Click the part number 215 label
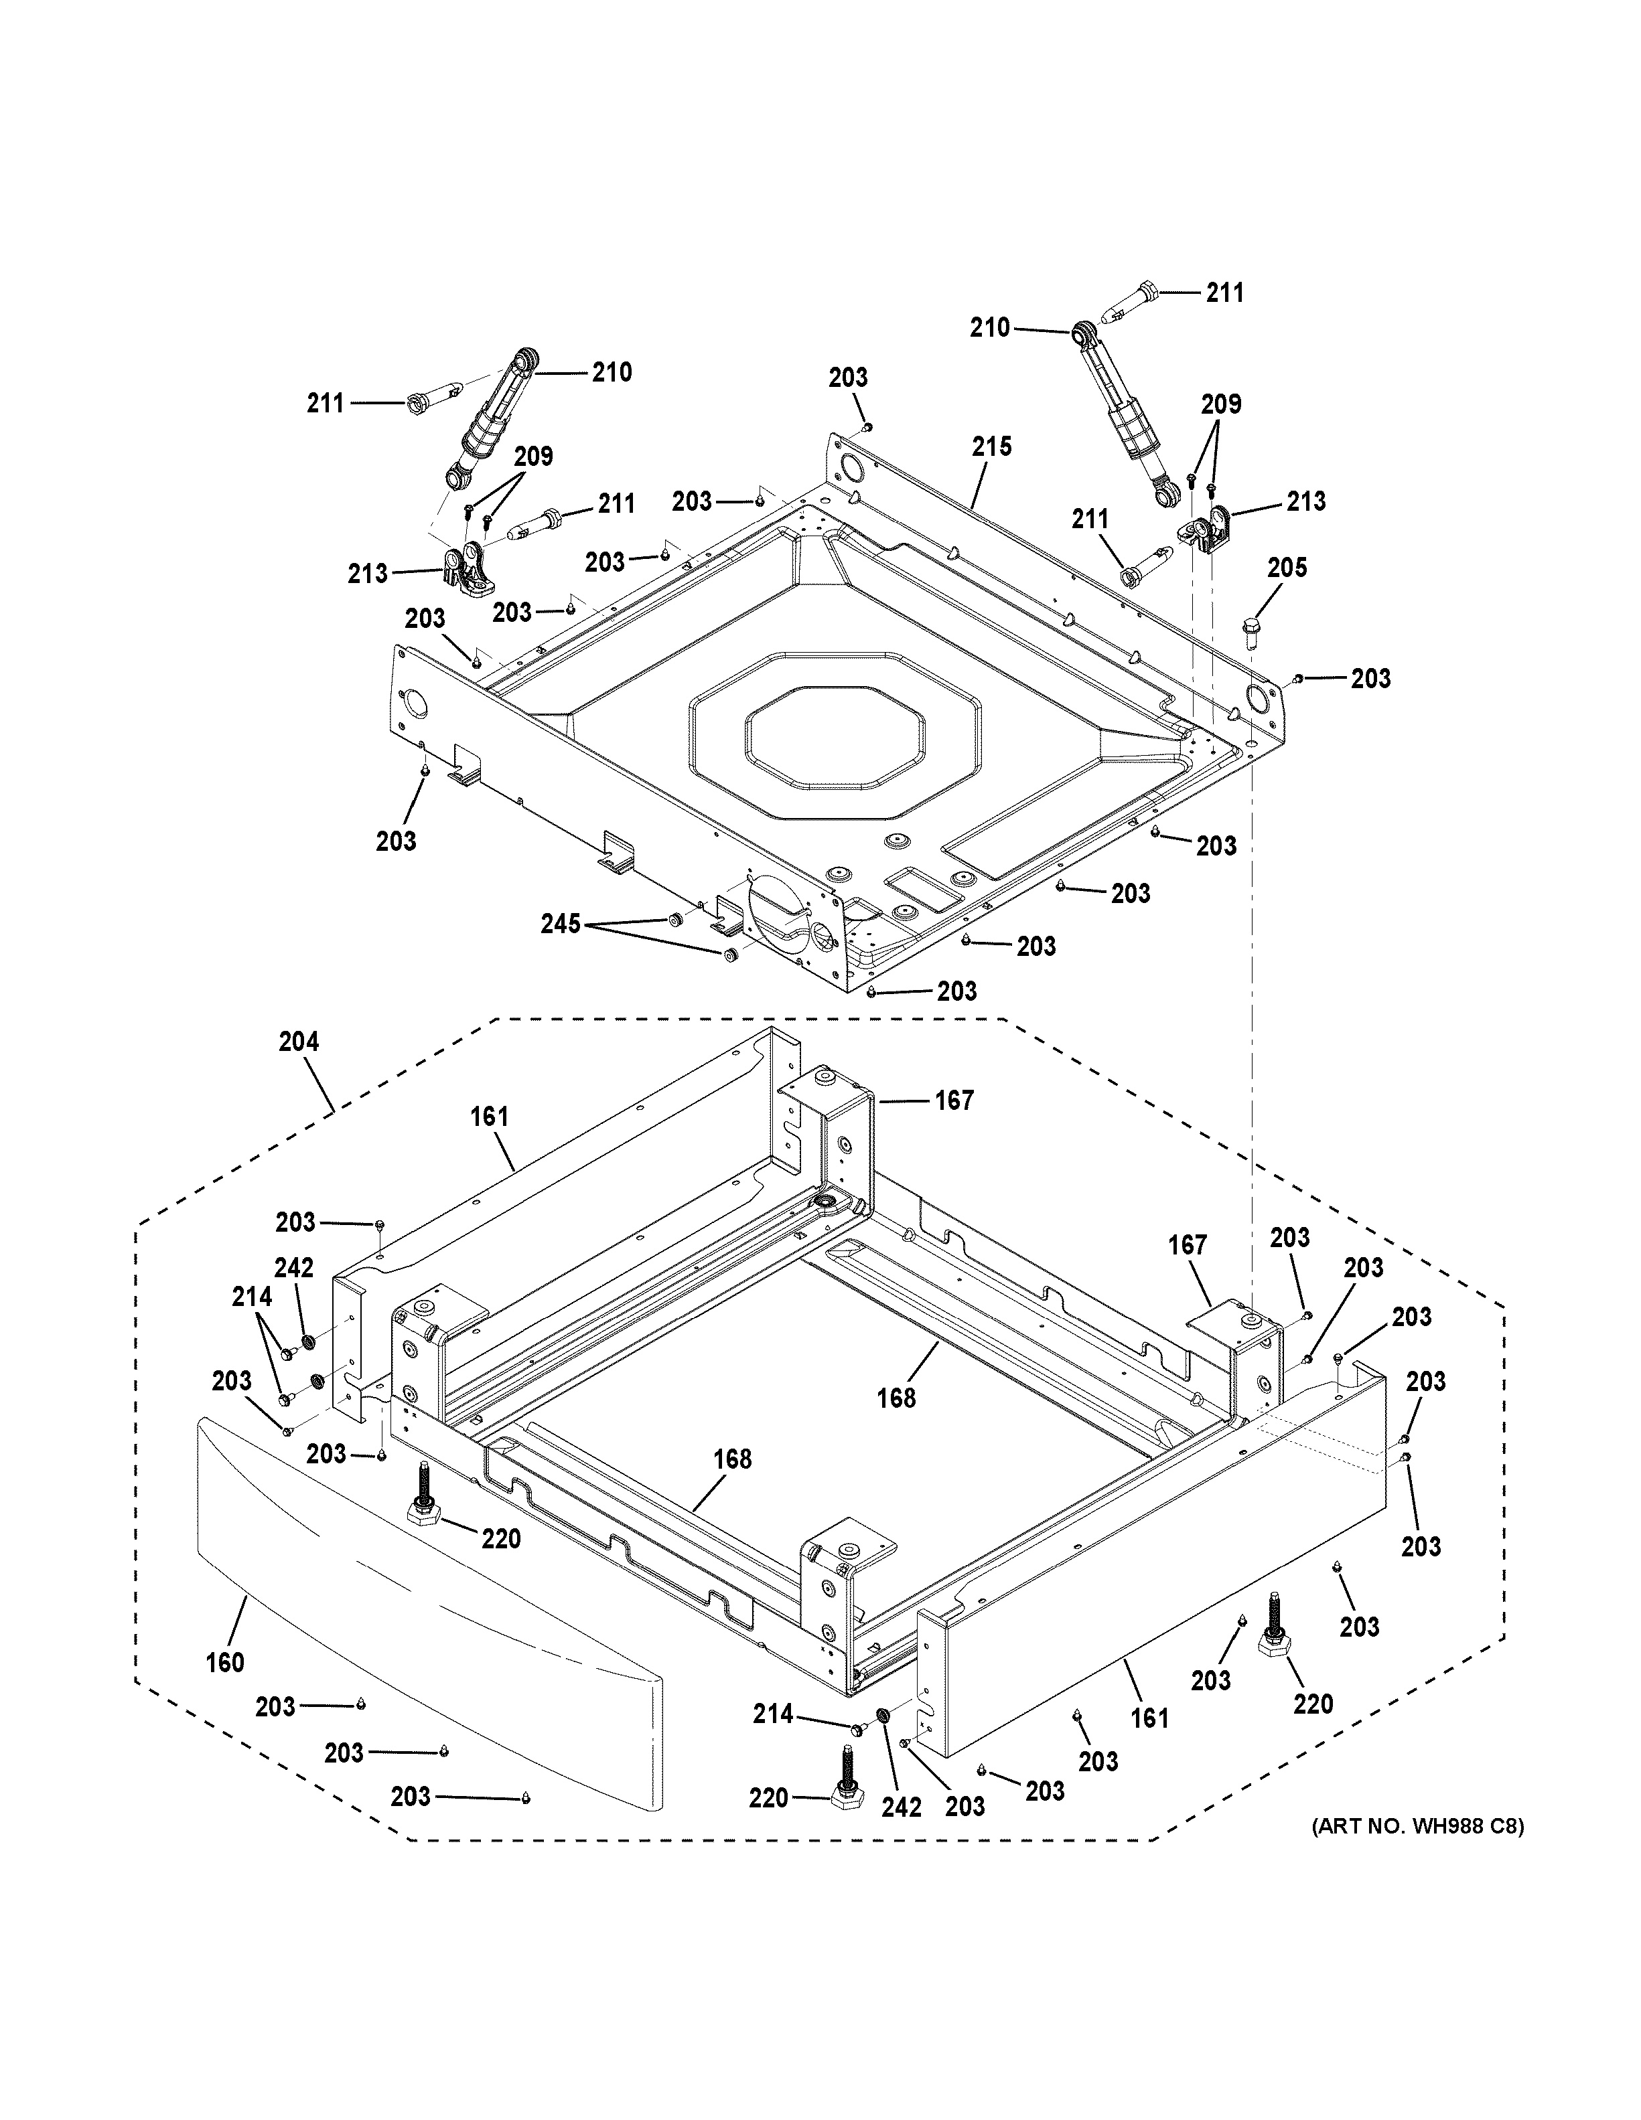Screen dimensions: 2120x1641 991,446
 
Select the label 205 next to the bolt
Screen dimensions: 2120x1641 1287,568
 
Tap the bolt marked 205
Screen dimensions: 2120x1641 1250,630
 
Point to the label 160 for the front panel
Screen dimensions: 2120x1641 224,1663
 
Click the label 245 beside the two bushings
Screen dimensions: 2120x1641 560,924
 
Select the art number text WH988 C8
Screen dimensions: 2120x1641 1418,1827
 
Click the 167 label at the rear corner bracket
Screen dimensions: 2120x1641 954,1100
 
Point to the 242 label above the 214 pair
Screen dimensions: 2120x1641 293,1268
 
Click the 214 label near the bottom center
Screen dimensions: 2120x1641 773,1715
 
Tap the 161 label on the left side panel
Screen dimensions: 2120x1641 490,1117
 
